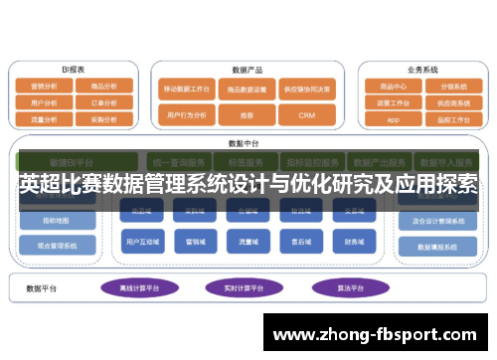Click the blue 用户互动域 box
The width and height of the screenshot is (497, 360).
[140, 240]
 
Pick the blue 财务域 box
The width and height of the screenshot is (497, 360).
[354, 240]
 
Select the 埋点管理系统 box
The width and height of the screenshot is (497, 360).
[50, 245]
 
